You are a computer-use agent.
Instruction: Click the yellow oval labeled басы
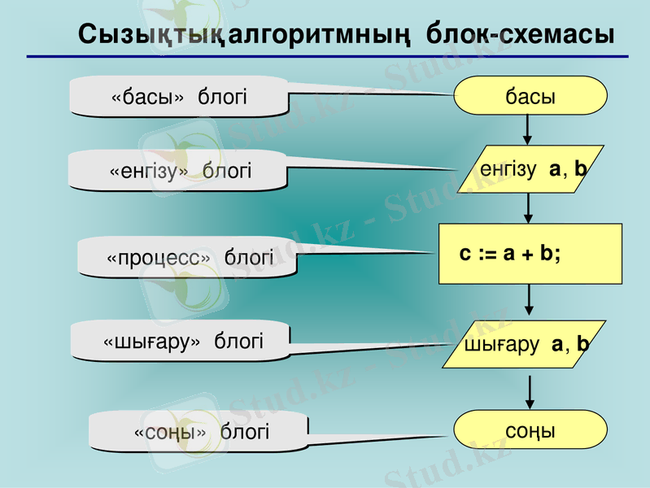tap(530, 95)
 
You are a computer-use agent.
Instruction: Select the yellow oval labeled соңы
tap(530, 429)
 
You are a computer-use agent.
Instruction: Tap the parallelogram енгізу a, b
tap(530, 168)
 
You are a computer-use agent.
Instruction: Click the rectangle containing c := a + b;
tap(530, 254)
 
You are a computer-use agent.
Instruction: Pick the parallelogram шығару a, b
tap(525, 344)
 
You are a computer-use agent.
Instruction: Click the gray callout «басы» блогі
tap(179, 96)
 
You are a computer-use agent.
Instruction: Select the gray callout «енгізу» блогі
tap(177, 171)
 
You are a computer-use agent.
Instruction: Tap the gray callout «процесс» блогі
tap(187, 258)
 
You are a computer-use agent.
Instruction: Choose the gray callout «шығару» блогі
tap(181, 341)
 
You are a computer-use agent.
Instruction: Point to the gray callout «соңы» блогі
tap(199, 431)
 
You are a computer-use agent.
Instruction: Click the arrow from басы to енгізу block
tap(527, 130)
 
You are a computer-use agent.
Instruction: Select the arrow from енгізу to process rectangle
tap(528, 208)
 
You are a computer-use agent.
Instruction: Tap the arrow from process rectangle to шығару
tap(529, 299)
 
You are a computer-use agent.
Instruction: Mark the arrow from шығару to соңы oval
tap(530, 393)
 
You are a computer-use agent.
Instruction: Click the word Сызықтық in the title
tap(149, 35)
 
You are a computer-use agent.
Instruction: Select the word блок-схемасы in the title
tap(521, 33)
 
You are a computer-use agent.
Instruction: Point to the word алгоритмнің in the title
tap(319, 35)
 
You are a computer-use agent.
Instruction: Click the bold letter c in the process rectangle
tap(465, 253)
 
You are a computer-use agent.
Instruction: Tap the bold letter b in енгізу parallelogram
tap(580, 168)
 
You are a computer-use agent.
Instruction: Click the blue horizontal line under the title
tap(328, 56)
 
